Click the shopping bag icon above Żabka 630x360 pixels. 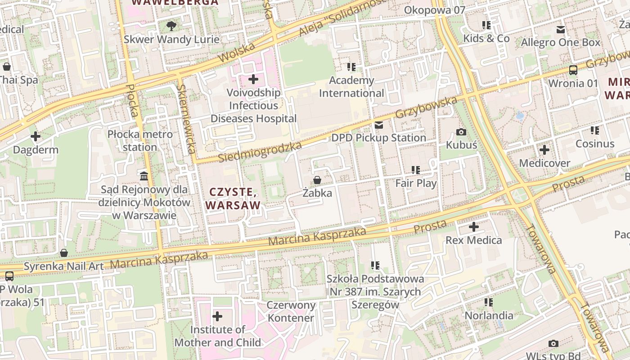click(317, 180)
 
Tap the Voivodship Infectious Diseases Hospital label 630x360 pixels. click(254, 106)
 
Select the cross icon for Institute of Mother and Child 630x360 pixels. click(217, 317)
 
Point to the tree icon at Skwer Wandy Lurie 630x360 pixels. click(171, 26)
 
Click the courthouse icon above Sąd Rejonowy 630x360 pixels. click(144, 176)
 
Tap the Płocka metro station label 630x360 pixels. click(140, 140)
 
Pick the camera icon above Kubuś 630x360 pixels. click(461, 132)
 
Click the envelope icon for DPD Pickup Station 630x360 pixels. click(379, 125)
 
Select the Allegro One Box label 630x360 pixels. click(561, 43)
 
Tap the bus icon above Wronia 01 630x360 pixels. click(573, 70)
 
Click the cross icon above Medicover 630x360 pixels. click(544, 150)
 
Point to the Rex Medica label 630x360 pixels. click(473, 240)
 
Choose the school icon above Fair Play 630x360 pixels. click(416, 170)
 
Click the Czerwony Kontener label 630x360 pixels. click(291, 311)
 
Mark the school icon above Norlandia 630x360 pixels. click(489, 302)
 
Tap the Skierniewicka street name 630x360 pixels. click(186, 119)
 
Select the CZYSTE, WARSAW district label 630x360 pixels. click(233, 199)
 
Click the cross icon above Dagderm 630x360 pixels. click(36, 136)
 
